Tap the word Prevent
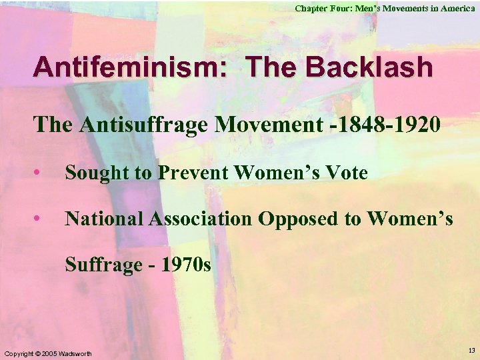[193, 173]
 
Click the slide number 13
[472, 349]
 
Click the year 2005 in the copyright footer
[44, 353]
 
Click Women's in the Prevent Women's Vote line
[273, 173]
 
